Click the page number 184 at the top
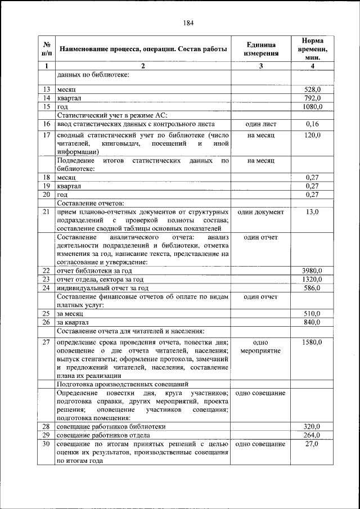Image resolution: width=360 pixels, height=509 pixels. [x=188, y=23]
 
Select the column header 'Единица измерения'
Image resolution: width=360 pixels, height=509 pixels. [x=260, y=49]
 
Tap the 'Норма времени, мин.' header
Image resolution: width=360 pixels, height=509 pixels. [x=312, y=49]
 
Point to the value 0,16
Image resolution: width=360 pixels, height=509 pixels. [x=312, y=123]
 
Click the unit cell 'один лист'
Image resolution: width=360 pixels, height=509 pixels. [x=260, y=123]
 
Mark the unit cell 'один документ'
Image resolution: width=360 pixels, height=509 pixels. [x=260, y=212]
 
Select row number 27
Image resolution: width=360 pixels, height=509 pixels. [x=47, y=342]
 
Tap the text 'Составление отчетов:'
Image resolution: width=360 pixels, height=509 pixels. [x=90, y=203]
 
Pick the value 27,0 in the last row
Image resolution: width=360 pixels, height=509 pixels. [x=312, y=444]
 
